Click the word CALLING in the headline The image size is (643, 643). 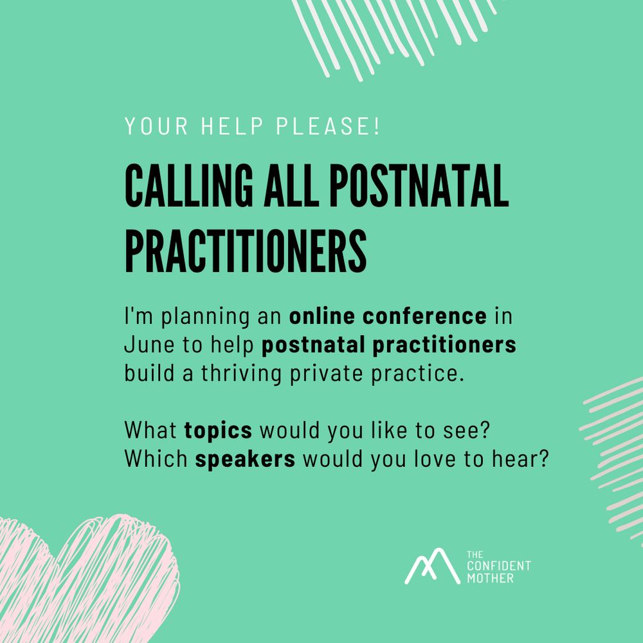[189, 185]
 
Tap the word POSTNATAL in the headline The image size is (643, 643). [419, 185]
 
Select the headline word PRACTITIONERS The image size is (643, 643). [246, 251]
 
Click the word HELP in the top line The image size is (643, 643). [231, 126]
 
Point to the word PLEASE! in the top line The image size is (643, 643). [328, 126]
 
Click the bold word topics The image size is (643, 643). [218, 431]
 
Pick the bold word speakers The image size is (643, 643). [245, 459]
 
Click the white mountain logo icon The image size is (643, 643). [432, 566]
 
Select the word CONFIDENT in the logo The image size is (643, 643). [499, 566]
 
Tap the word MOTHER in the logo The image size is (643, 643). [490, 579]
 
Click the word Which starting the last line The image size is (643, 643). [156, 458]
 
